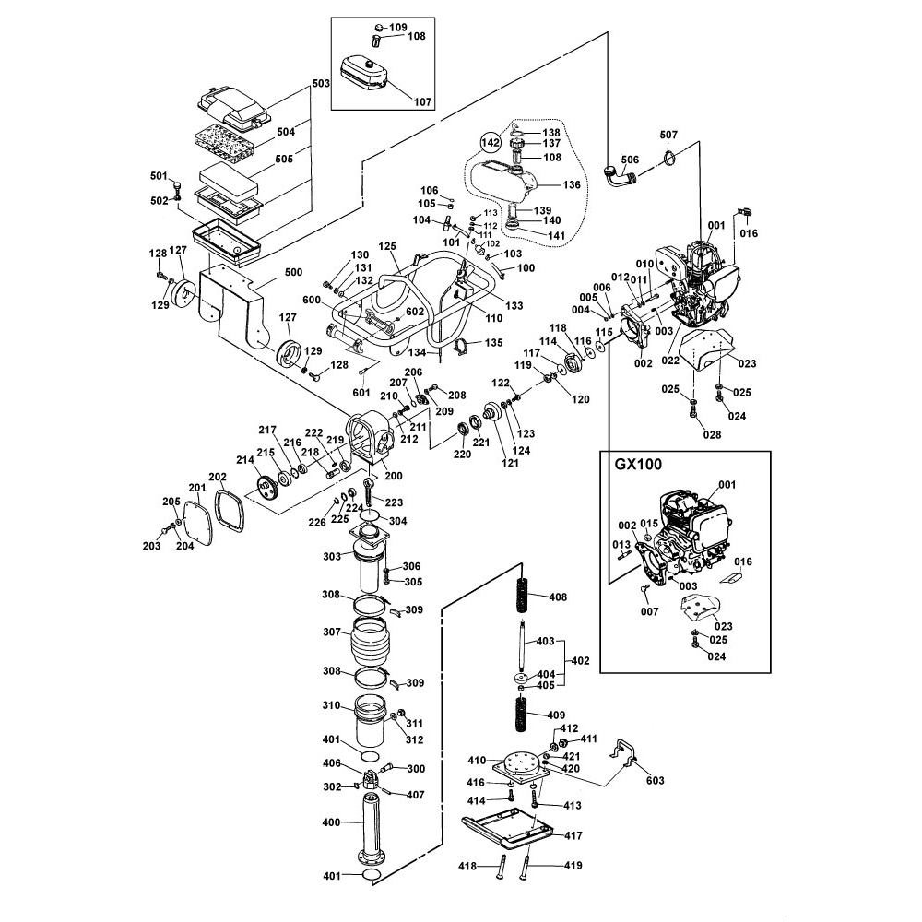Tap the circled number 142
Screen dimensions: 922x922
point(491,143)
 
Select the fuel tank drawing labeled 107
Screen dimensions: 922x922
point(366,72)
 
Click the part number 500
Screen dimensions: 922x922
point(293,272)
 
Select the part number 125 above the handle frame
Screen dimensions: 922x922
point(386,246)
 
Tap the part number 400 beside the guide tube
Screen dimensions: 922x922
point(328,821)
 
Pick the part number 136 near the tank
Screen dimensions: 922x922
point(572,184)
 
